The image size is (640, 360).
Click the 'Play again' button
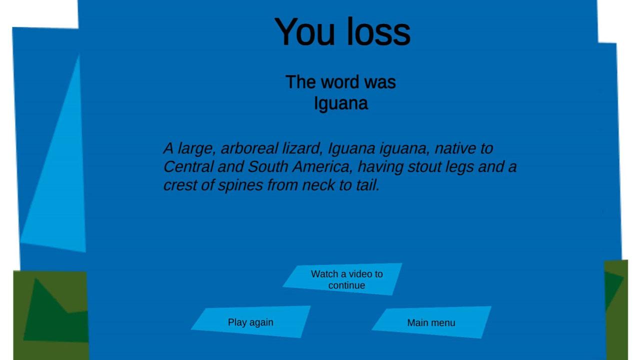(251, 322)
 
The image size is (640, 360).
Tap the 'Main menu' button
(431, 322)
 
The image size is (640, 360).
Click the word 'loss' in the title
(379, 31)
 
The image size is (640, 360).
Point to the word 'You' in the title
(304, 31)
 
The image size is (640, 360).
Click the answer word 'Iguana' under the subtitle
(341, 103)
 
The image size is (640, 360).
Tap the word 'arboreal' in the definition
(250, 148)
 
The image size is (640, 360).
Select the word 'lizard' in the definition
(303, 148)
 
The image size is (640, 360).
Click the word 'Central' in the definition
(188, 166)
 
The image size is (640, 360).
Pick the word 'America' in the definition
(323, 167)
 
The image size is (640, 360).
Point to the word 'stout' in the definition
(424, 167)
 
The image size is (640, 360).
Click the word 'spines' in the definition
(240, 185)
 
